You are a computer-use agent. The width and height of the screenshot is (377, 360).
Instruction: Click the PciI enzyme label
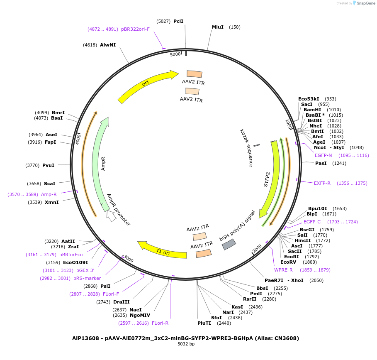178,21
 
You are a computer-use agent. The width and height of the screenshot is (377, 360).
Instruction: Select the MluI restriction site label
218,27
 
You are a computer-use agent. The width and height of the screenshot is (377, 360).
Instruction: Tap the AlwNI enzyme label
108,44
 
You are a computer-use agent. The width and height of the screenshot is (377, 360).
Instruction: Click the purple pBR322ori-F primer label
135,29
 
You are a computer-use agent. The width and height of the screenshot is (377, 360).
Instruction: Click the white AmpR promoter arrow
111,216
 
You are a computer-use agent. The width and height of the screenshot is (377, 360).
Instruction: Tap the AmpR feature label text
103,163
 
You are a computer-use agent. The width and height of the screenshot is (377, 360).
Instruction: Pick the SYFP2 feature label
267,179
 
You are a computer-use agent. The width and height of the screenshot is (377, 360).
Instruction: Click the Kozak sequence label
246,148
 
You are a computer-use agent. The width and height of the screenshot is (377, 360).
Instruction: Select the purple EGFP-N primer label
323,155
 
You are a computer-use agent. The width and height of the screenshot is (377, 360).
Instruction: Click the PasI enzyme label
321,163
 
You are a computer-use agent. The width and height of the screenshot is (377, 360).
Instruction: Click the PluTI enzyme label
204,323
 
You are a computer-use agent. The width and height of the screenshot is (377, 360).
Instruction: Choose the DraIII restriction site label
122,302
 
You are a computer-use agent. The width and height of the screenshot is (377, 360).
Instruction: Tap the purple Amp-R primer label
49,194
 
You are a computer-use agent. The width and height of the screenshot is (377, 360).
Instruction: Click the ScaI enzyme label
49,184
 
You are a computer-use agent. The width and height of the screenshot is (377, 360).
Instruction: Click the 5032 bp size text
186,344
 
